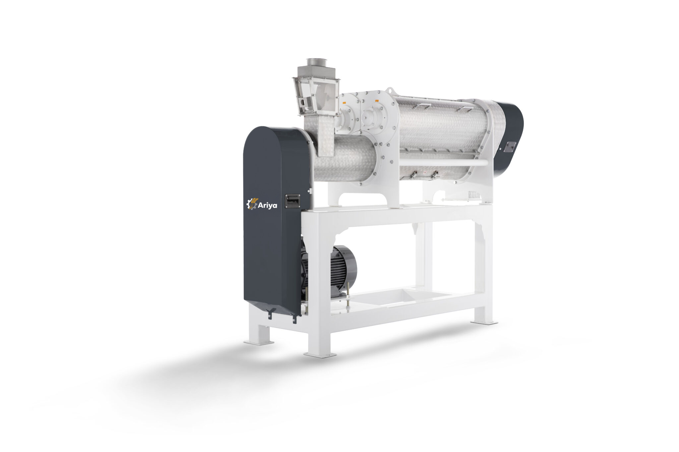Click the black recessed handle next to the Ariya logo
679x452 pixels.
click(292, 201)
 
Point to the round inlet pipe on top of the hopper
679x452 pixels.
click(317, 62)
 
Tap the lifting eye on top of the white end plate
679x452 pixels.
click(391, 90)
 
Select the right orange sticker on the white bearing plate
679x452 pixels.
click(377, 100)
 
